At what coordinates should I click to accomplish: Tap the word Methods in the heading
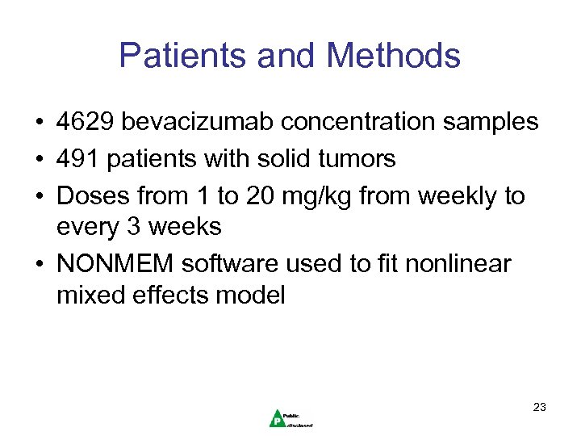coord(394,56)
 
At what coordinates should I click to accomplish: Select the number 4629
coord(85,122)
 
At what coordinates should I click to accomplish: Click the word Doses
coord(93,196)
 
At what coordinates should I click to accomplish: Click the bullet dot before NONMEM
coord(39,265)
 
